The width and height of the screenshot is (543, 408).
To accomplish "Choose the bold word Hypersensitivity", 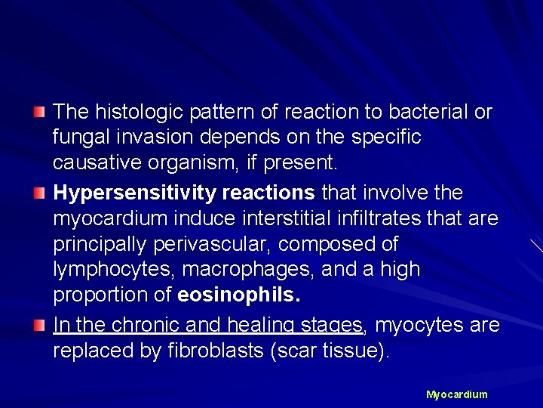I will point(134,193).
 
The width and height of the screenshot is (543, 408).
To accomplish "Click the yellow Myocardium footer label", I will point(457,394).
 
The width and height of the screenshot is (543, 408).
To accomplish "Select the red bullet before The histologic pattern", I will point(40,113).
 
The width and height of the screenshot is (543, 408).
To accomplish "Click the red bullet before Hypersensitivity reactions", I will point(40,193).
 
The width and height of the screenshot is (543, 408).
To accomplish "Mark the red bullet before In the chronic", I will point(40,326).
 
